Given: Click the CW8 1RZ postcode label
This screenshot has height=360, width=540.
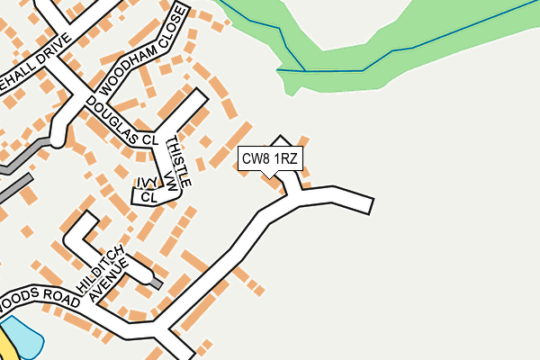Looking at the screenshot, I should tap(270, 159).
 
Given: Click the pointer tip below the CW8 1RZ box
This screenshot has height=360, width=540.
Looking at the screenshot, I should tap(266, 175).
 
